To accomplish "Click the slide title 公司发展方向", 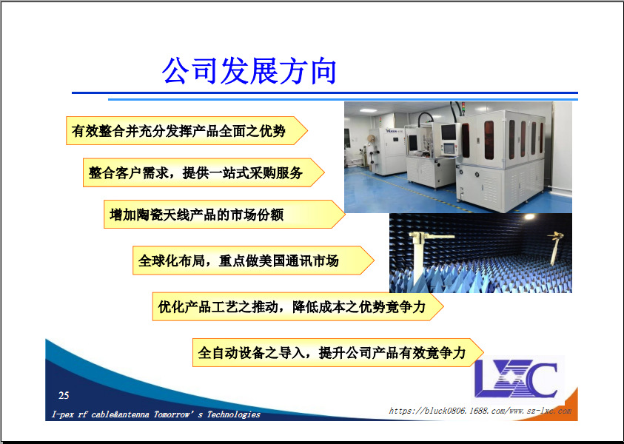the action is coord(249,71).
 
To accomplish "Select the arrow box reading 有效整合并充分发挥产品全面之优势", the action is coord(187,130).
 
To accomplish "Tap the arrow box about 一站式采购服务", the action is coord(204,172).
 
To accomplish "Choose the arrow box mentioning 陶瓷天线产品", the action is coord(224,215).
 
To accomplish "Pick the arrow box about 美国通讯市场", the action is coord(253,260).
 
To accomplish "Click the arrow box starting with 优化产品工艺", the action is coord(298,306).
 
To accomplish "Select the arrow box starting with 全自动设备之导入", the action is coord(338,352).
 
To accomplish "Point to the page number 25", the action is coord(64,395).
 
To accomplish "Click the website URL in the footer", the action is coord(480,411).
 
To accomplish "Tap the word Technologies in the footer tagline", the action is coord(234,414).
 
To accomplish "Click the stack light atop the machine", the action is coord(463,107).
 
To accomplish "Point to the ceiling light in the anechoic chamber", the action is coord(529,217).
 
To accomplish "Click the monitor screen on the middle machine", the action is coord(449,132).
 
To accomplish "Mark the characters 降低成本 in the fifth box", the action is coord(319,307).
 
